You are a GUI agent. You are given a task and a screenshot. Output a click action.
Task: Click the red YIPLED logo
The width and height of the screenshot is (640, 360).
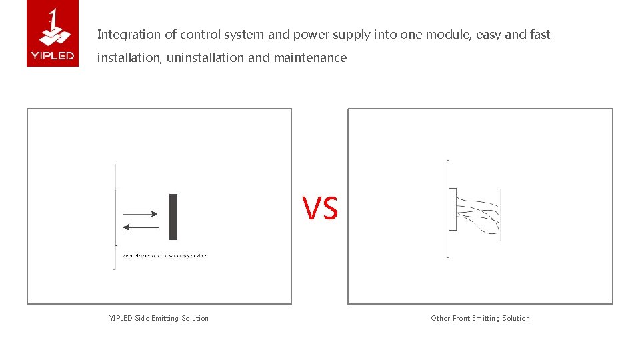53,33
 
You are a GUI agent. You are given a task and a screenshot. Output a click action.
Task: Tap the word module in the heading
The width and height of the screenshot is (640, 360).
448,35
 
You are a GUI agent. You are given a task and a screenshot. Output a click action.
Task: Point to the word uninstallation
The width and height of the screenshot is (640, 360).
205,58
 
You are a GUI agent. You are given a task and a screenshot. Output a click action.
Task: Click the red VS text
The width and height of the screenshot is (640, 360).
320,209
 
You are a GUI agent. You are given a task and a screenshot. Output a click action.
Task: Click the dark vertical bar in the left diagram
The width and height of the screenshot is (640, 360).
173,217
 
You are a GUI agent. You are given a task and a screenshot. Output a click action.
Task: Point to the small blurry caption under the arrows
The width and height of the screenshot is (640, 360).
165,256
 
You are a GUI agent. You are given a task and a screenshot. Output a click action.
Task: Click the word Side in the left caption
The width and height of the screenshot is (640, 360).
142,319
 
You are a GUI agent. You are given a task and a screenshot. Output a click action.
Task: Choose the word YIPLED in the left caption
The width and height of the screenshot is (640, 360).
121,319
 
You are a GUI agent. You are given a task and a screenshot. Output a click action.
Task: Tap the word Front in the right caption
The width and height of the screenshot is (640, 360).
461,319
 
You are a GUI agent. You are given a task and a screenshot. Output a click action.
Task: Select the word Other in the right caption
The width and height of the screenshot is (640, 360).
440,319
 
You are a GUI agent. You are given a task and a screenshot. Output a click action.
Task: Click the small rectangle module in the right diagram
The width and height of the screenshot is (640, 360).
453,209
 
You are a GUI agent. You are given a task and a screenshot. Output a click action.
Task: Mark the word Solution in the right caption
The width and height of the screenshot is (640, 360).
516,319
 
